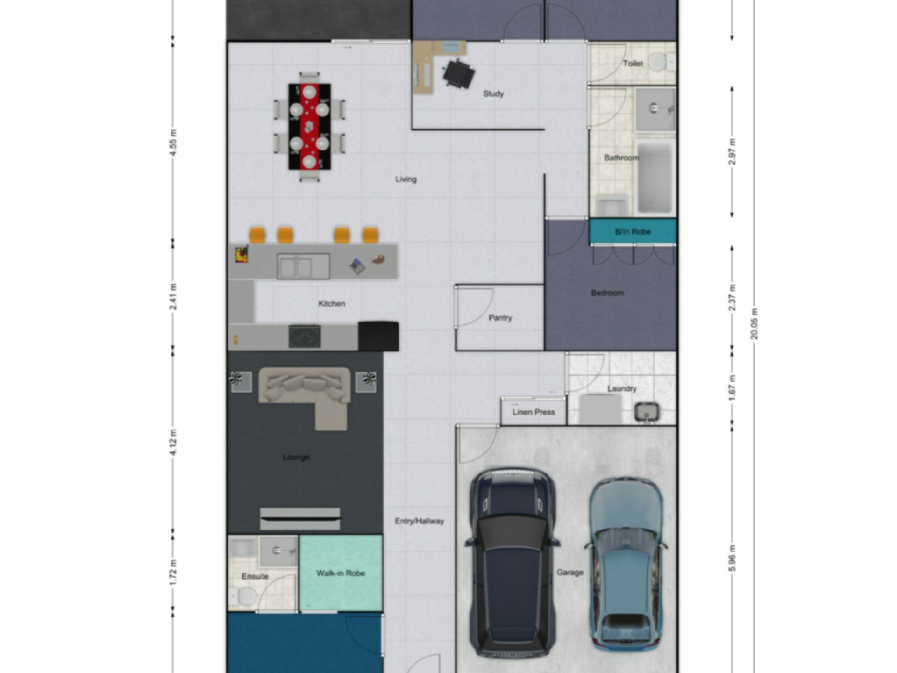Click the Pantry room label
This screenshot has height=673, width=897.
[x=500, y=318]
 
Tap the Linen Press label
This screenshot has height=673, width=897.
[x=534, y=412]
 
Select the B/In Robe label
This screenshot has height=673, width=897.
[x=633, y=231]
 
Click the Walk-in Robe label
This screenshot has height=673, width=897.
[x=341, y=573]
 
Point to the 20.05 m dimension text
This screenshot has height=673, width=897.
[x=754, y=324]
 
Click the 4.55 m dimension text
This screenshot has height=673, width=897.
[x=173, y=143]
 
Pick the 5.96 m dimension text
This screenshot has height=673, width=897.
[x=732, y=558]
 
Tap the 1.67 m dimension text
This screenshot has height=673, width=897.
[x=732, y=387]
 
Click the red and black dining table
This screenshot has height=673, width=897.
[x=309, y=126]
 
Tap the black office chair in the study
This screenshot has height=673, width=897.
[x=458, y=74]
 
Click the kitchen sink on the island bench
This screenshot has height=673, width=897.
[x=303, y=266]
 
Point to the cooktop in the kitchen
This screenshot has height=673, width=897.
[x=305, y=336]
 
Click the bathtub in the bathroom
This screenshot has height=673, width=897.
[x=655, y=178]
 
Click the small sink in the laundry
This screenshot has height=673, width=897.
[x=647, y=412]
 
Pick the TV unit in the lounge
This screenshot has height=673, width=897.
[x=300, y=519]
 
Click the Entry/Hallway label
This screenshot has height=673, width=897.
[x=419, y=521]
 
